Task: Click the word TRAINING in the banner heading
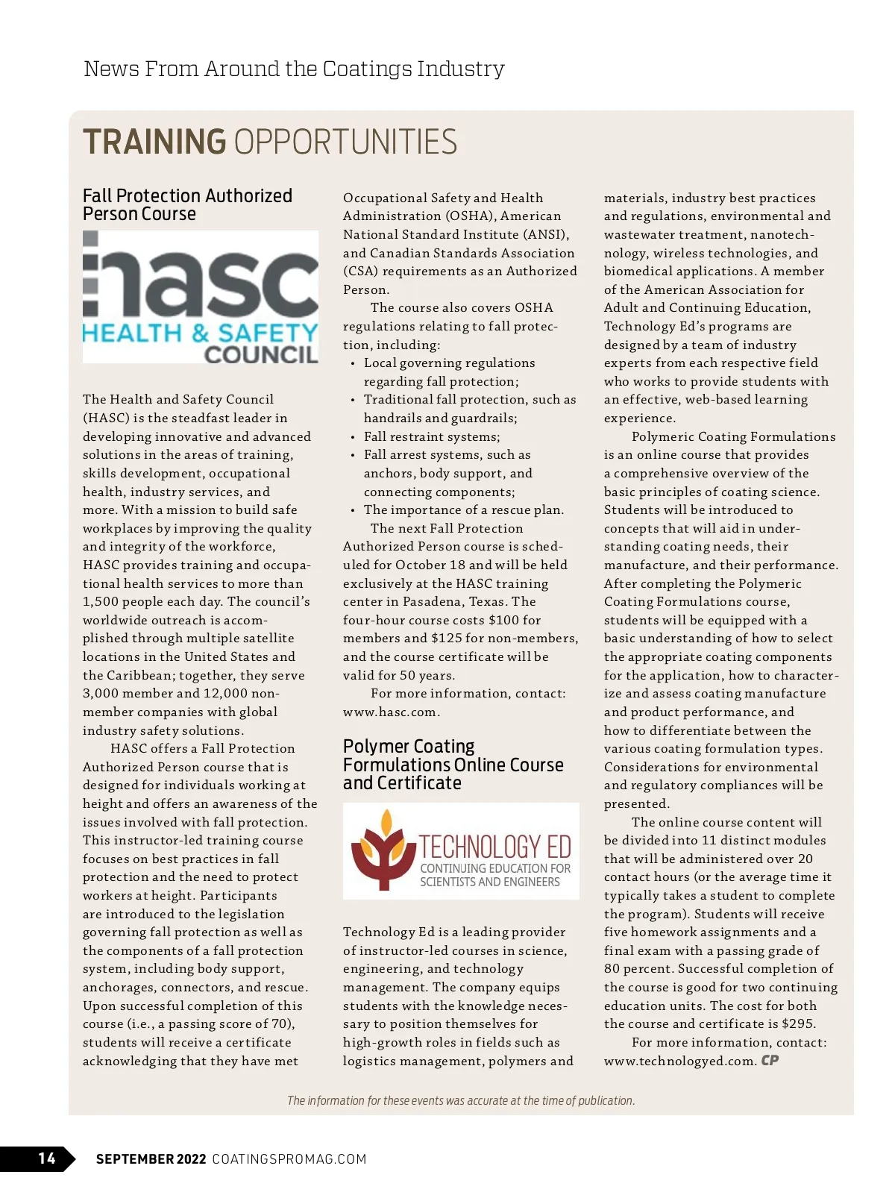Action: point(154,142)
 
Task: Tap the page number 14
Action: point(47,1158)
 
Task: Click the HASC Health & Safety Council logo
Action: point(201,297)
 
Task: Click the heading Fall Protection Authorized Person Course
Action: point(187,205)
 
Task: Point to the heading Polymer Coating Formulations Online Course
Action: point(453,765)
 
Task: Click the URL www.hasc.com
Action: point(389,712)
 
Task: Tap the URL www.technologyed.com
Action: point(680,1061)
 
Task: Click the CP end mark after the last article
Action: point(770,1060)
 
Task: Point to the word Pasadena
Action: point(433,602)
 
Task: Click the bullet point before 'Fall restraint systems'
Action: point(353,437)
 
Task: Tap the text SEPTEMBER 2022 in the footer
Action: point(151,1158)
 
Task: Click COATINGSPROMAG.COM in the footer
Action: point(289,1158)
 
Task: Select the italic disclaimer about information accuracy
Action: point(461,1100)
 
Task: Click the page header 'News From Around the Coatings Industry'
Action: point(294,69)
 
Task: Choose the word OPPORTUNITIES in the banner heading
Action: point(345,142)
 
